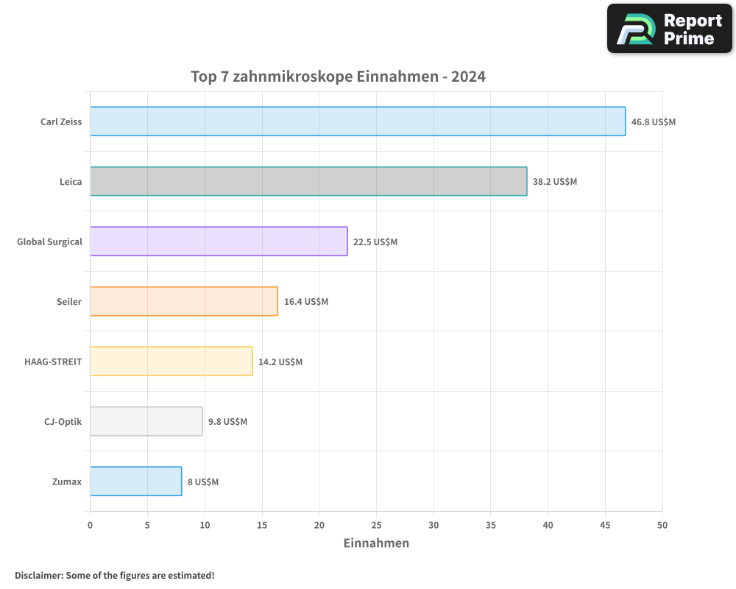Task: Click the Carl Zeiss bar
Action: [x=358, y=121]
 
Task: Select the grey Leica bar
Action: [x=308, y=181]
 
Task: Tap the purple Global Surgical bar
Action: [x=219, y=241]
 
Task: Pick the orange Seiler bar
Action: [x=184, y=301]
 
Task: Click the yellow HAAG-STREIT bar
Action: [x=171, y=361]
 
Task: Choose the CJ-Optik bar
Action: [x=146, y=421]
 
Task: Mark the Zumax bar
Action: [x=136, y=482]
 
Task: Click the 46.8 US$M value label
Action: [x=653, y=121]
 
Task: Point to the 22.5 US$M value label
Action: [x=375, y=241]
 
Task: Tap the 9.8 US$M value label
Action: [x=227, y=422]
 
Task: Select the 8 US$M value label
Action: [x=203, y=482]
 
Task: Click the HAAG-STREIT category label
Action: [x=53, y=361]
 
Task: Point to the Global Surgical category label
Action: [x=49, y=241]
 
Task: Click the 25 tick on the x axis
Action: [x=376, y=525]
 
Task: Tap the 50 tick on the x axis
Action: [x=662, y=525]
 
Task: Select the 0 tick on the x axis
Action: [x=90, y=525]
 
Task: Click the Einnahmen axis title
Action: [x=376, y=543]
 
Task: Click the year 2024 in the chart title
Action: [x=468, y=77]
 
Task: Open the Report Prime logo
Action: [x=670, y=29]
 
